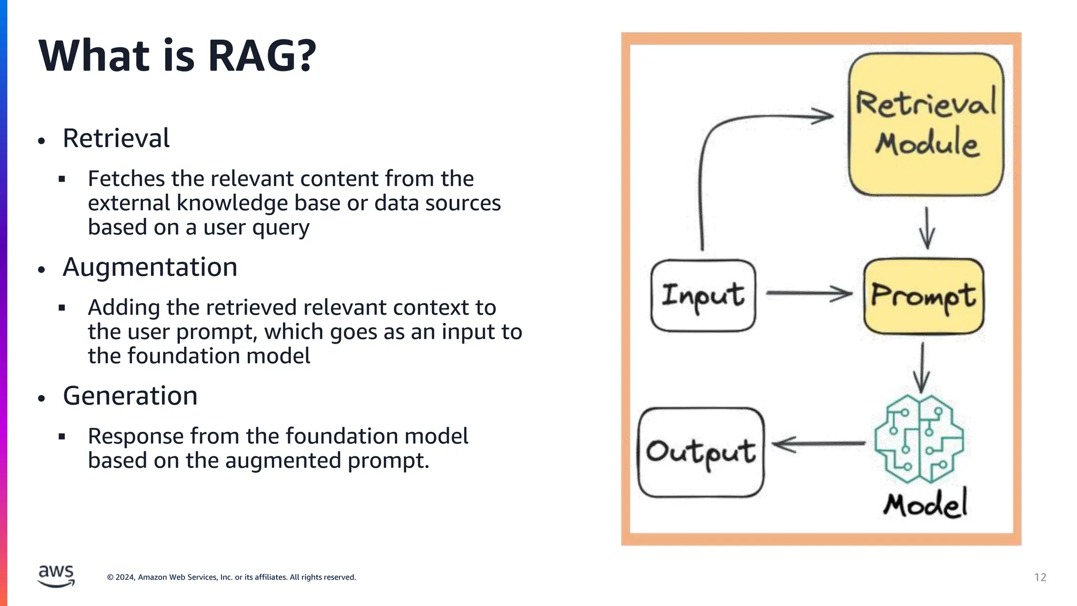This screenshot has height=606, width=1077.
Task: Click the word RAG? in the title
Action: pos(261,56)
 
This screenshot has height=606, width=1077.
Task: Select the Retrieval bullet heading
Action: pos(116,138)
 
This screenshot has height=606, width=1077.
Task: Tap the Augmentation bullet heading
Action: pos(150,267)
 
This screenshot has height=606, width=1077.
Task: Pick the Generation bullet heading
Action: pos(130,396)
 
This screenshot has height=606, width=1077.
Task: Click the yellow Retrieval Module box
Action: pos(926,124)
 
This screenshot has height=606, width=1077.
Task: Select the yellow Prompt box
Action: pos(923,296)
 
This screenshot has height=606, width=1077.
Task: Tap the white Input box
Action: pos(703,296)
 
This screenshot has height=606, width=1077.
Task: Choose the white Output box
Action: pos(700,452)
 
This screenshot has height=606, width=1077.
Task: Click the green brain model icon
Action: pos(919,439)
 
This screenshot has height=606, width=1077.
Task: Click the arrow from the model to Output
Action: pos(818,444)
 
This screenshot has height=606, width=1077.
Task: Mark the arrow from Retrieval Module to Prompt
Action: pos(927,228)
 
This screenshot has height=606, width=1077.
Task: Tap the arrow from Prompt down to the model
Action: pos(922,368)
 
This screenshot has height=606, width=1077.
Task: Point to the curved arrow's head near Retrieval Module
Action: pos(822,116)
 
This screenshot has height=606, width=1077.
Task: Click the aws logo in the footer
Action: pos(56,575)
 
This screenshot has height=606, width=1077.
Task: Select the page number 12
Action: pos(1040,577)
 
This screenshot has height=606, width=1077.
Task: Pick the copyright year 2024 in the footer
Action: pos(125,577)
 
